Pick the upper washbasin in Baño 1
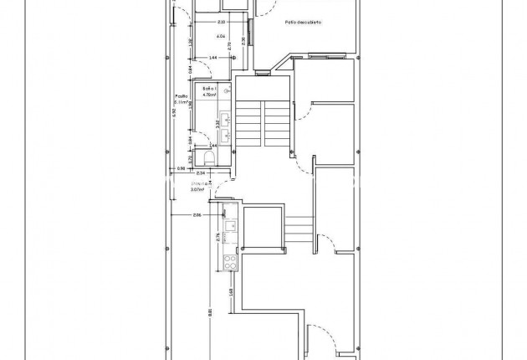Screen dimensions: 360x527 (225, 117)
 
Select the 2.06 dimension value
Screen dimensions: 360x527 (197, 215)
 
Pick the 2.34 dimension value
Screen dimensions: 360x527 (201, 173)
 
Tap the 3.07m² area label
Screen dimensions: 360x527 (202, 189)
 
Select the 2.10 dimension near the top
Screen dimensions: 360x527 (220, 22)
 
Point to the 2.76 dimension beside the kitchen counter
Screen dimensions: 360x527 (217, 237)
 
